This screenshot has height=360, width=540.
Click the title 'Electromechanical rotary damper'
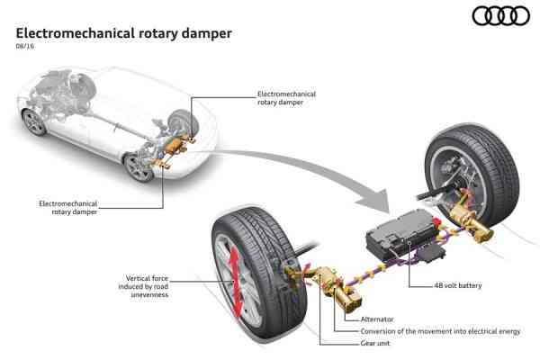point(124,33)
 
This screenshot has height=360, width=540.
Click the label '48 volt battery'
point(457,285)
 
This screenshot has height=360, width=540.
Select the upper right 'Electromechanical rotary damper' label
point(286,98)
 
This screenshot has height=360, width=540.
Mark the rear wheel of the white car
point(139,166)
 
